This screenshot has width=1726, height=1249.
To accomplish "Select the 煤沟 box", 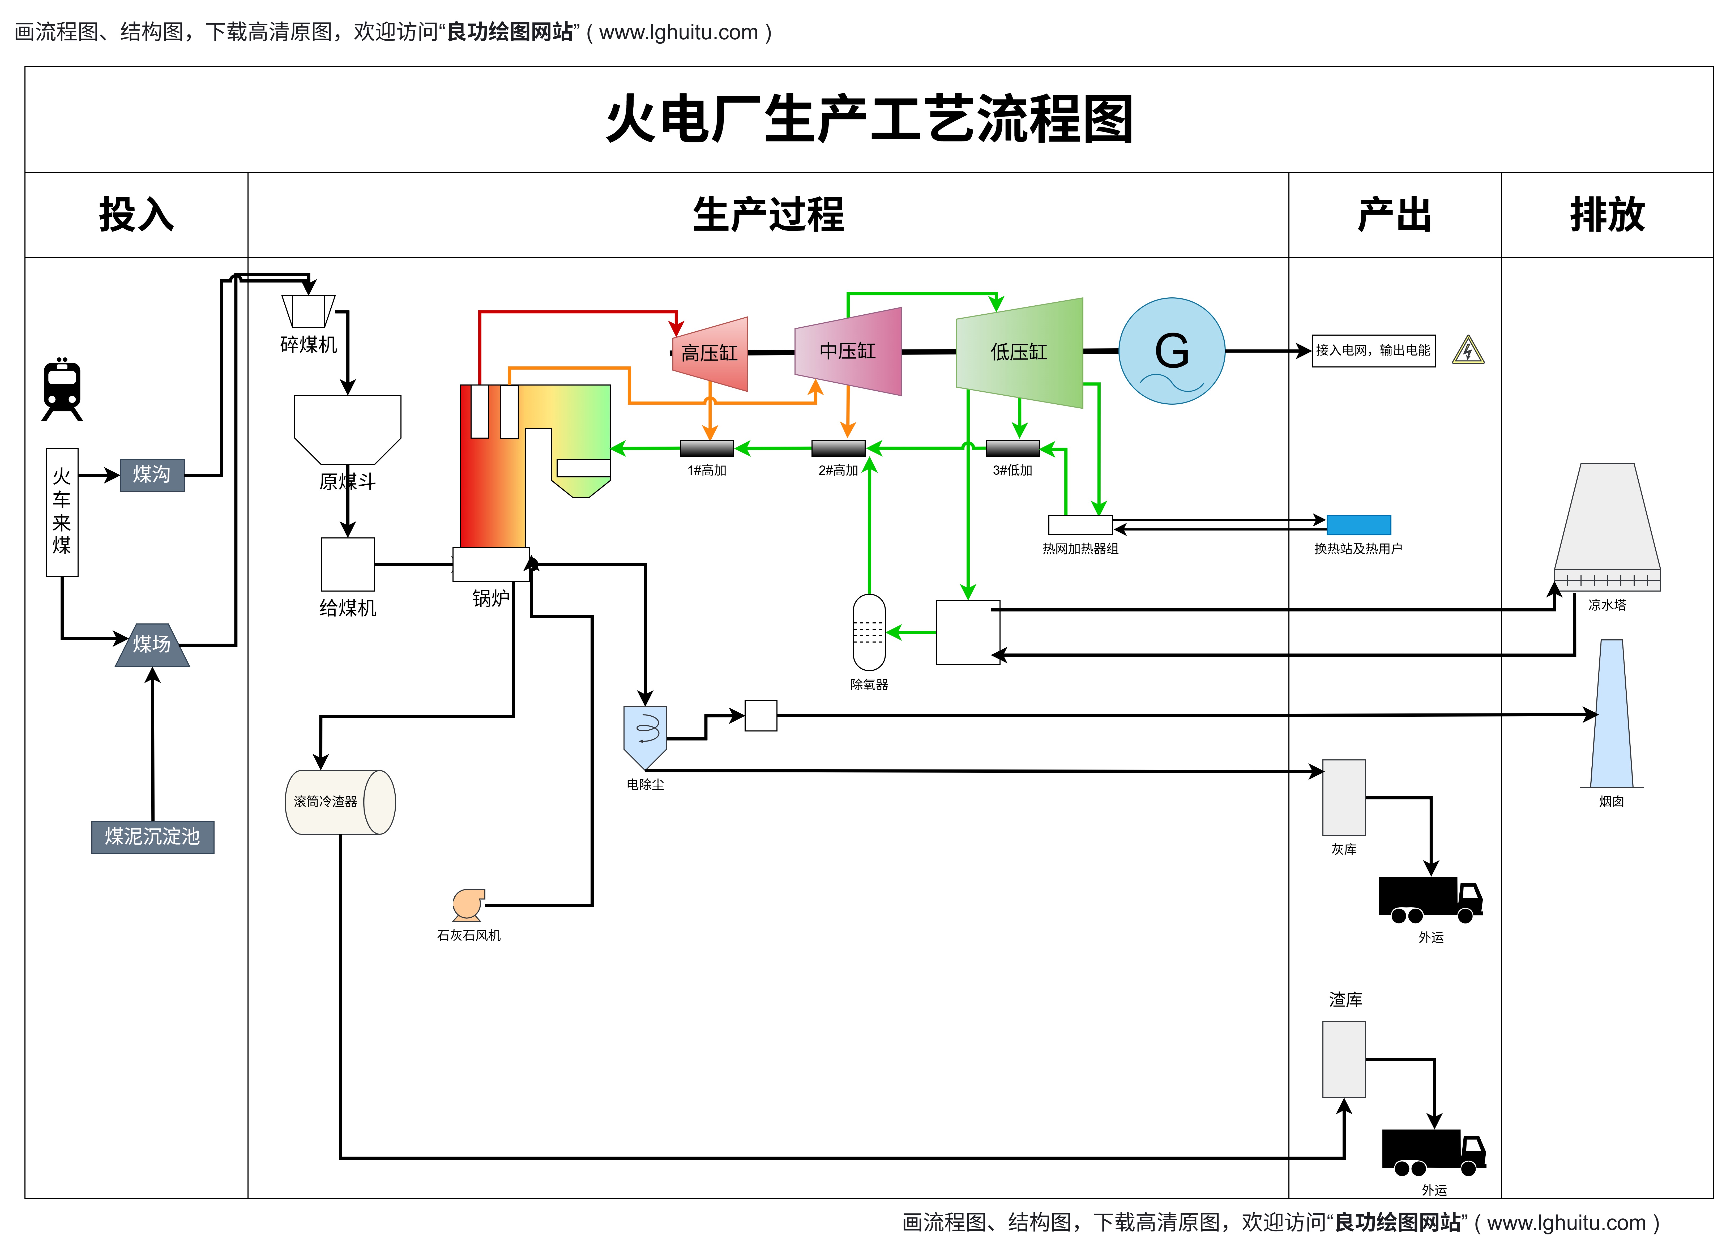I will click(152, 475).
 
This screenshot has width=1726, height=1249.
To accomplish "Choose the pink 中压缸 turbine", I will click(848, 352).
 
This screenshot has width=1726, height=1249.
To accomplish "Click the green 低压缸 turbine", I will click(1019, 352).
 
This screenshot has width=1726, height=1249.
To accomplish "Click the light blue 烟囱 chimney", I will click(1611, 716).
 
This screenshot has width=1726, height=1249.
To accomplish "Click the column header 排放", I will click(1607, 215).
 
